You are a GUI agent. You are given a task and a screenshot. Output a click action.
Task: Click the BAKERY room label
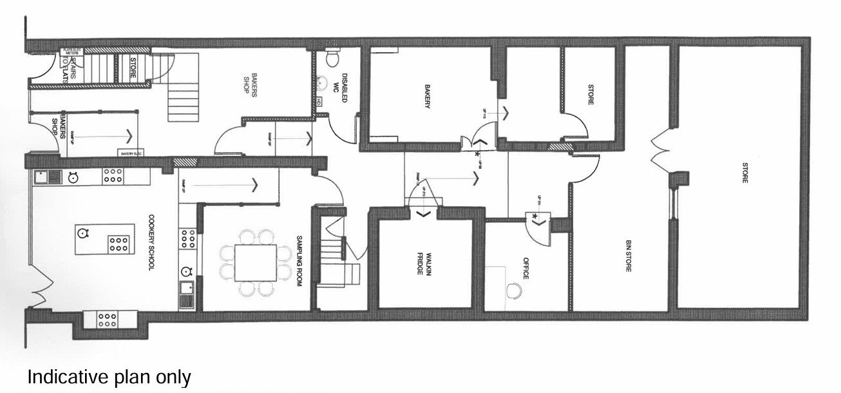[x=426, y=96]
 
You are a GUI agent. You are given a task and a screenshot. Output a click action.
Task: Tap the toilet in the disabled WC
[x=332, y=59]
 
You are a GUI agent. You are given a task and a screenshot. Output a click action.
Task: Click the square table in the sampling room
[x=256, y=262]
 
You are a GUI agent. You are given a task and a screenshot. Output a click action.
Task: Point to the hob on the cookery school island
[x=118, y=244]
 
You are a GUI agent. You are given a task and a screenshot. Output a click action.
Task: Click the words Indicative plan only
[x=109, y=378]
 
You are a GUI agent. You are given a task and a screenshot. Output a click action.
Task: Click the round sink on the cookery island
[x=83, y=232]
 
